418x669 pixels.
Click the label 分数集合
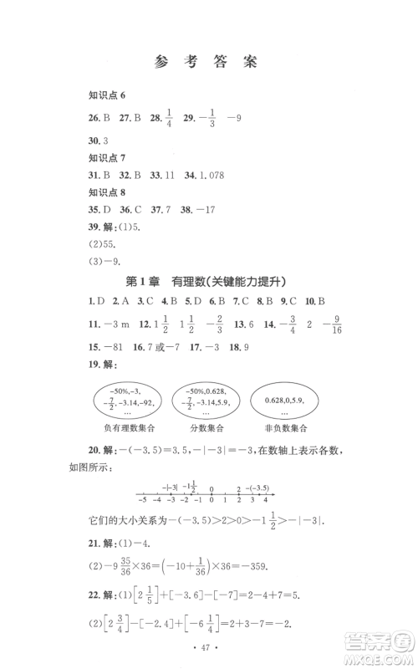point(207,432)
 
